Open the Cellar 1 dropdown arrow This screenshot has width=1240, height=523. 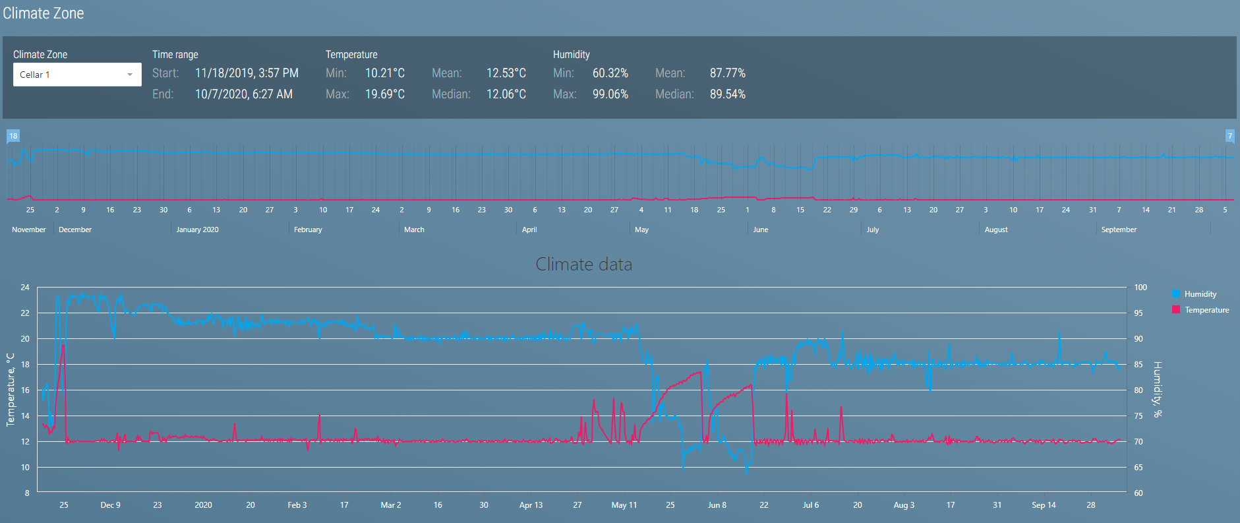click(x=130, y=75)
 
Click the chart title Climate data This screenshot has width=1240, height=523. click(x=583, y=264)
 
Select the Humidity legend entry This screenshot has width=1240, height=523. click(x=1200, y=294)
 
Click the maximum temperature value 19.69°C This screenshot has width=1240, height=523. click(x=385, y=94)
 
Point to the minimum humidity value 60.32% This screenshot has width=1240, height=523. click(x=610, y=73)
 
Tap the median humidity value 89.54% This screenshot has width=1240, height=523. click(x=727, y=94)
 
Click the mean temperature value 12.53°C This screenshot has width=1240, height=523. click(x=506, y=73)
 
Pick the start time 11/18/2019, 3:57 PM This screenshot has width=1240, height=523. click(x=247, y=73)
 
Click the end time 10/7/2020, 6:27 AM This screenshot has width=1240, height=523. click(x=243, y=94)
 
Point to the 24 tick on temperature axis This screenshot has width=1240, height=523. click(x=25, y=288)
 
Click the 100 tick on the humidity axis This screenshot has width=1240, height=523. click(x=1140, y=288)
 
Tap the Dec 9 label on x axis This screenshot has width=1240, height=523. click(x=110, y=505)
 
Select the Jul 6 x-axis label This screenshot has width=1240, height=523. click(x=811, y=505)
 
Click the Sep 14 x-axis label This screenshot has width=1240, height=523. click(x=1044, y=505)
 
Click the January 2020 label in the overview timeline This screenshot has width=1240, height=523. click(x=197, y=230)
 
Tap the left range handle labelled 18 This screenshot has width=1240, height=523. click(x=13, y=137)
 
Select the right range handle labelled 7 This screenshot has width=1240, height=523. click(x=1229, y=137)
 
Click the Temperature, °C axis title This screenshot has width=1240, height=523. click(x=11, y=389)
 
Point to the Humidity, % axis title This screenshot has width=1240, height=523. click(x=1158, y=389)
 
